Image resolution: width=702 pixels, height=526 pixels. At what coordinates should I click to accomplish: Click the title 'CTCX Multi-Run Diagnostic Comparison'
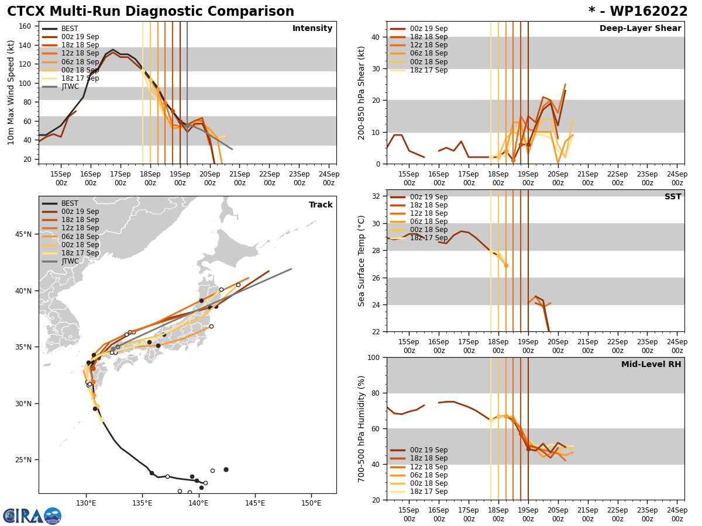(150, 12)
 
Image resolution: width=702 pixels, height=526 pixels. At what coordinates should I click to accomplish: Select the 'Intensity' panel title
(312, 29)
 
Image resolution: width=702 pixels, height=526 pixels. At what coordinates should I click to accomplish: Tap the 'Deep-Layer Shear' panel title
(640, 29)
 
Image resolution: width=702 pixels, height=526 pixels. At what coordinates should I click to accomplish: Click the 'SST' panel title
(673, 197)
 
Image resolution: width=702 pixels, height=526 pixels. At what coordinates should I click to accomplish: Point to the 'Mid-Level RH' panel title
(651, 365)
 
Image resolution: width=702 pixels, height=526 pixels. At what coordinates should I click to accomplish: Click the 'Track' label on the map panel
(321, 205)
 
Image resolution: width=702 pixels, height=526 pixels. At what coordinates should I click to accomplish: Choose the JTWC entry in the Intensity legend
(70, 86)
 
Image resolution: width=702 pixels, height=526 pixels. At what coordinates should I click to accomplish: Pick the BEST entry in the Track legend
(70, 203)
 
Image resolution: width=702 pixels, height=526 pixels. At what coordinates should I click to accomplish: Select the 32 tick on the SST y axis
(377, 196)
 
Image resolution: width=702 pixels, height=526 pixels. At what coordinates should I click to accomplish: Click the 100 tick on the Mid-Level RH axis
(374, 357)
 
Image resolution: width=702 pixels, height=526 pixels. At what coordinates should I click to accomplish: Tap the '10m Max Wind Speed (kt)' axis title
(11, 92)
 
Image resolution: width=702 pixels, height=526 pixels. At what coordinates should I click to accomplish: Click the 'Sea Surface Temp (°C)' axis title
(362, 261)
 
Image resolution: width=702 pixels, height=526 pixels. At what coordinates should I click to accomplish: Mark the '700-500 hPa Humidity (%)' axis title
(362, 428)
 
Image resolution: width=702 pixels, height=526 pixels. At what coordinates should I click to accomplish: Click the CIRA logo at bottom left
(32, 516)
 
